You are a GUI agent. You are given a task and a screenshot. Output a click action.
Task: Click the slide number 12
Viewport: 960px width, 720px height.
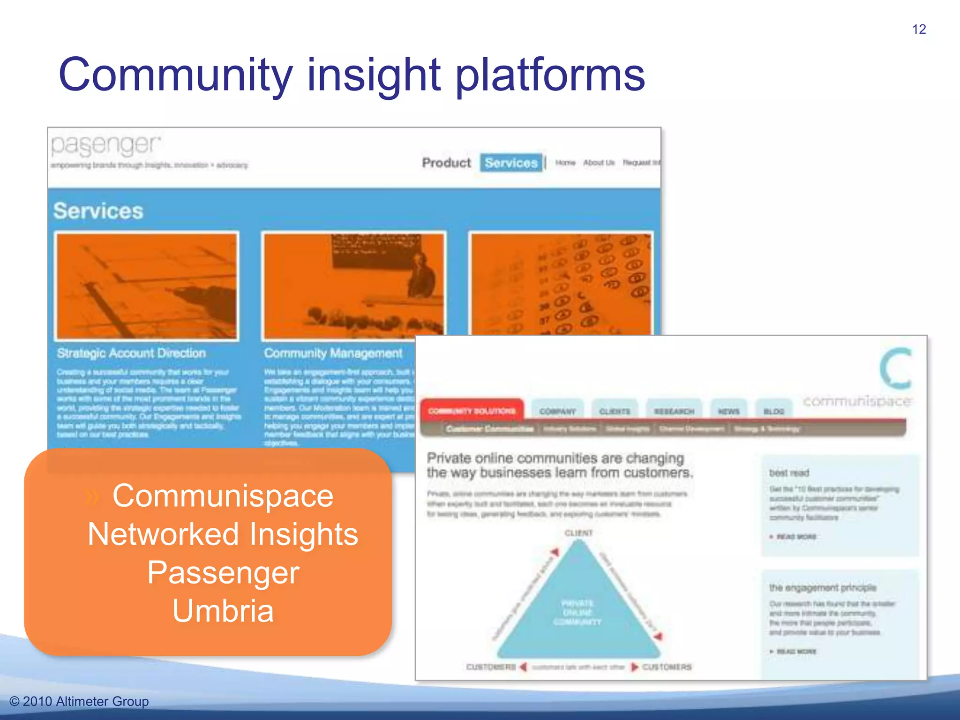pyautogui.click(x=919, y=29)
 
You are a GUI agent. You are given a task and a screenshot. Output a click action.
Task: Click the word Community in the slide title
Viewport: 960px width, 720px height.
pyautogui.click(x=176, y=75)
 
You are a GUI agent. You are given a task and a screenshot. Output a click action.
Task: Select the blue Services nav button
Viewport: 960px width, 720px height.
pyautogui.click(x=511, y=163)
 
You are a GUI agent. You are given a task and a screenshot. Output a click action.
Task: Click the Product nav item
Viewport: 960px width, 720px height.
pyautogui.click(x=446, y=163)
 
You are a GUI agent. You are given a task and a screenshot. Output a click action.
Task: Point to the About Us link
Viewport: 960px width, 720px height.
pyautogui.click(x=599, y=163)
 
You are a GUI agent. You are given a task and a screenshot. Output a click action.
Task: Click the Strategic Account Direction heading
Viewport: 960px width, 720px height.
pyautogui.click(x=131, y=353)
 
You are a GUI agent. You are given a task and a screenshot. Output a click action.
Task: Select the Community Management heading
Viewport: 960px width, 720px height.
pyautogui.click(x=333, y=353)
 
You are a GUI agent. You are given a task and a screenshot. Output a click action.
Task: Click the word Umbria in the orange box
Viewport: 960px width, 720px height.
pyautogui.click(x=223, y=610)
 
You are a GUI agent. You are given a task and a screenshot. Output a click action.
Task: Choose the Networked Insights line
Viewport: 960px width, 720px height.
pyautogui.click(x=223, y=534)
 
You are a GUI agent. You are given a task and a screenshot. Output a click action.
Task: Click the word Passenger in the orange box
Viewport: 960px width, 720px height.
pyautogui.click(x=223, y=572)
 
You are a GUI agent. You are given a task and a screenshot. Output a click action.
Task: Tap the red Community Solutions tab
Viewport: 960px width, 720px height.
pyautogui.click(x=472, y=411)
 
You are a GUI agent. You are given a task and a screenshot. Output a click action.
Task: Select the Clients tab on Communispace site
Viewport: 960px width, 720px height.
pyautogui.click(x=615, y=411)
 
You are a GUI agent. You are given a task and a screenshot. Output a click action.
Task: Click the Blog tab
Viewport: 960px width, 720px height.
pyautogui.click(x=773, y=411)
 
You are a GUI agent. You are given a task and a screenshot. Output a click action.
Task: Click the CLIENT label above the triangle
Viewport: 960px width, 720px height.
pyautogui.click(x=578, y=533)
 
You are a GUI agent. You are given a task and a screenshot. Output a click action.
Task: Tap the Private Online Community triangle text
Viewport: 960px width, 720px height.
pyautogui.click(x=577, y=612)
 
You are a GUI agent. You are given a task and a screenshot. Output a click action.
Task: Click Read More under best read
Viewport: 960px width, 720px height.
pyautogui.click(x=796, y=536)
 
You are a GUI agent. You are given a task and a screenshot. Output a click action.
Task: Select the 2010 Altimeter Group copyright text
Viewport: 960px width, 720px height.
pyautogui.click(x=79, y=701)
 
